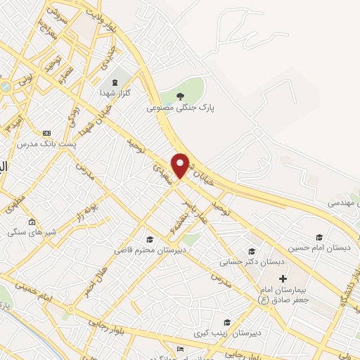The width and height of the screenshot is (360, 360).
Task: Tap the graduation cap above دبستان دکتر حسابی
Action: click(251, 251)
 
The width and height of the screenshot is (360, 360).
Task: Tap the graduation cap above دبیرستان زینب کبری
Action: click(226, 321)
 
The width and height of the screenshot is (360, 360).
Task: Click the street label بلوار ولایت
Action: click(101, 22)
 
